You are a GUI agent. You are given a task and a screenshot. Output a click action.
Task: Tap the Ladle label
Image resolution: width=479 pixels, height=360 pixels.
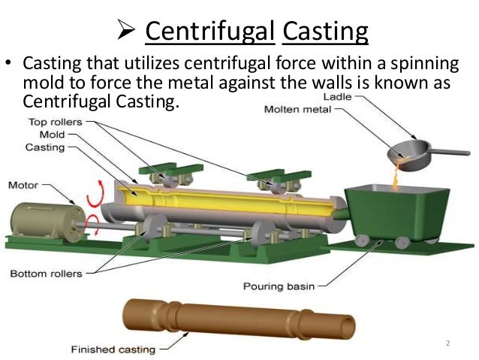(336, 97)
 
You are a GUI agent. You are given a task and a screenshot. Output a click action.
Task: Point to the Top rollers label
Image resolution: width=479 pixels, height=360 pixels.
(55, 121)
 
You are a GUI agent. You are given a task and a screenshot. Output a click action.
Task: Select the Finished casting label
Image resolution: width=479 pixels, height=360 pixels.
(113, 349)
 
